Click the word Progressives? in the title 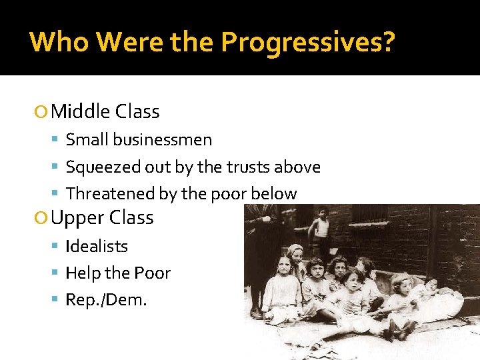click(308, 43)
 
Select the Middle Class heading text click(105, 111)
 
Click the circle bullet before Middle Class click(42, 112)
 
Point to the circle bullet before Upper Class click(42, 218)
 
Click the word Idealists click(97, 246)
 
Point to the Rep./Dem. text click(106, 300)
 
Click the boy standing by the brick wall click(322, 230)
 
